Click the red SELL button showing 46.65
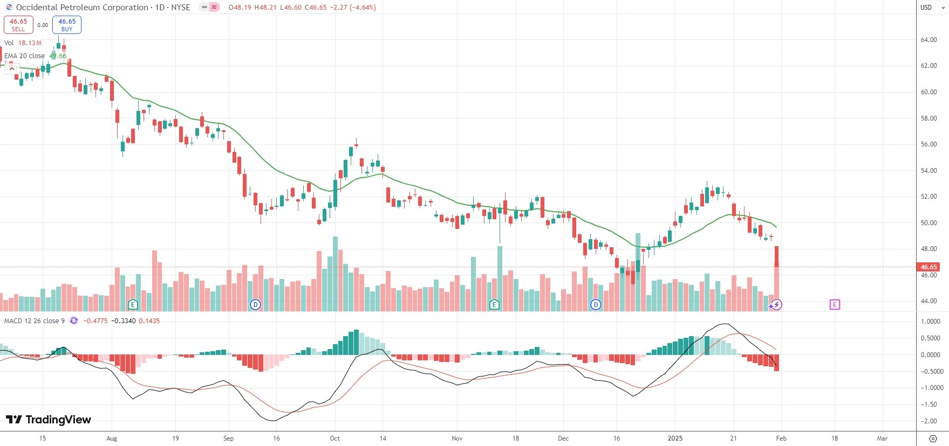click(x=18, y=25)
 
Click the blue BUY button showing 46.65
click(x=67, y=25)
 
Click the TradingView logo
click(x=49, y=420)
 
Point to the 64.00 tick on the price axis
click(x=928, y=40)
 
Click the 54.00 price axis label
click(x=928, y=171)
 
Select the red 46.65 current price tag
click(x=928, y=267)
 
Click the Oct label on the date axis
click(x=334, y=438)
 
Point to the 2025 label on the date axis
click(x=675, y=438)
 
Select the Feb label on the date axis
click(x=781, y=438)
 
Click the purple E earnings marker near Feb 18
click(x=834, y=305)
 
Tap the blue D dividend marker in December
click(x=596, y=305)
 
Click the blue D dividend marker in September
click(x=255, y=305)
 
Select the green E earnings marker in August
click(x=133, y=305)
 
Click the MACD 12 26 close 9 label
click(x=35, y=321)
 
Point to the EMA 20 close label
click(x=24, y=56)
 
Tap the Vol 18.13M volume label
click(x=23, y=43)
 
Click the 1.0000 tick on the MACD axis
click(x=931, y=322)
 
